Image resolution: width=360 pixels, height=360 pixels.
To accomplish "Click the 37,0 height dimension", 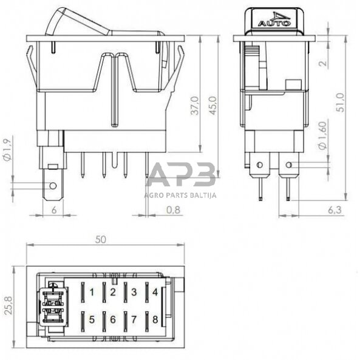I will [x=194, y=103].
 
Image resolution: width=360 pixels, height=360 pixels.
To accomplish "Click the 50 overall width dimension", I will [x=101, y=239].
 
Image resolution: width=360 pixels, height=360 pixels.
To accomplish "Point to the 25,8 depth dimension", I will [x=8, y=304].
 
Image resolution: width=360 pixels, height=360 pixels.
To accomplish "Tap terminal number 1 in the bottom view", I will [x=92, y=292].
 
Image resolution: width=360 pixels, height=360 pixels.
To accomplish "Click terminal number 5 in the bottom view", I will [x=92, y=318].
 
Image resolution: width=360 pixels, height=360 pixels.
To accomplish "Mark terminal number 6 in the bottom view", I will [x=113, y=318].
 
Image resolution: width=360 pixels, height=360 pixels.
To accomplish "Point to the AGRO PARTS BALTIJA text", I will [x=180, y=195].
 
